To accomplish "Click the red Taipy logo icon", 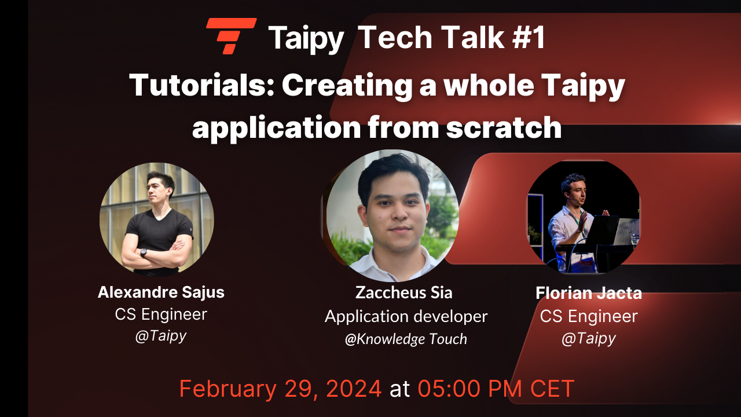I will (231, 36).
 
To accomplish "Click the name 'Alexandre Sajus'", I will (161, 292).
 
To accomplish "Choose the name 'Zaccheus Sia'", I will (403, 292).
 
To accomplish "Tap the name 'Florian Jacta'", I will (589, 293).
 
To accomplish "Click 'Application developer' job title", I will (406, 316).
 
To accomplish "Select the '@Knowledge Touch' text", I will (406, 339).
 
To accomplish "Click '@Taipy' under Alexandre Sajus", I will (161, 336).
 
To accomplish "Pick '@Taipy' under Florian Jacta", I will (589, 338).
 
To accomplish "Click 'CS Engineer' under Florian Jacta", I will (589, 316).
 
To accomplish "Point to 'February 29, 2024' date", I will (280, 388).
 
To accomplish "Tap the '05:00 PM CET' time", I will (496, 388).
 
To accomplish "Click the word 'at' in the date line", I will (399, 389).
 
